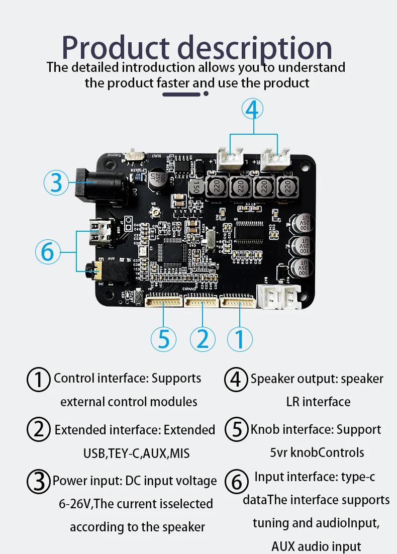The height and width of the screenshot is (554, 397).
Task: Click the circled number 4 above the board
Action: (x=253, y=108)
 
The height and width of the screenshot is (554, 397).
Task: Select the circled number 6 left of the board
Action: (x=48, y=251)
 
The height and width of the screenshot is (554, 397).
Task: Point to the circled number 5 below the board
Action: (x=164, y=339)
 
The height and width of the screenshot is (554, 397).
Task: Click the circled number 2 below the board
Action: (x=203, y=339)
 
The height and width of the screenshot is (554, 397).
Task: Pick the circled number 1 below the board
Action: (x=240, y=339)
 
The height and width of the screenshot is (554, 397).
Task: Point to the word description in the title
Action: (x=255, y=49)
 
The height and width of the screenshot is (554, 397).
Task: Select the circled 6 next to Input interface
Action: (x=236, y=482)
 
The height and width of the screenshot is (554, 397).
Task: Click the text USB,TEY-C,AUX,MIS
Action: (x=136, y=453)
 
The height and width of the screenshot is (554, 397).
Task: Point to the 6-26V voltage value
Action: (x=76, y=504)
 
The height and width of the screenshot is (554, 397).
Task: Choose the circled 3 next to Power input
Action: (x=38, y=482)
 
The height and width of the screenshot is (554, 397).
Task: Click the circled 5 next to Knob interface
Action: (x=236, y=430)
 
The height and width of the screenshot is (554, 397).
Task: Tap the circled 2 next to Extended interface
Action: (x=39, y=430)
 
